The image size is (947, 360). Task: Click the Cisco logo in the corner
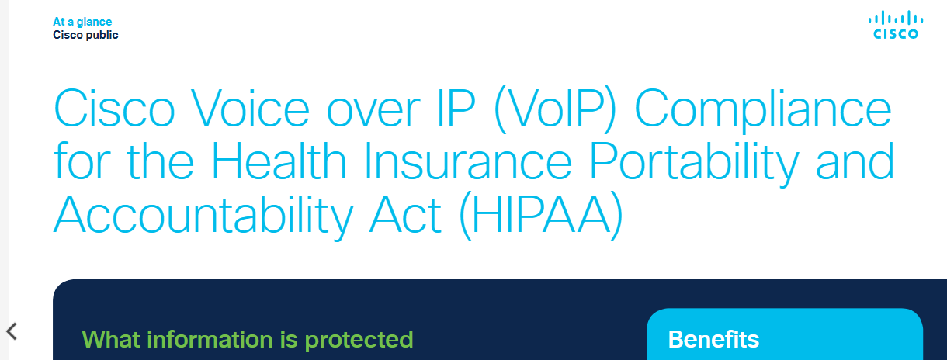pos(896,26)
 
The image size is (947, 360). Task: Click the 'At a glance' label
pos(82,22)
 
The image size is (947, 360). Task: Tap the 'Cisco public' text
pos(85,35)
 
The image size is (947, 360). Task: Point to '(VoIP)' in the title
pos(555,109)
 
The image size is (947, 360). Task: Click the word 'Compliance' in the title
pos(763,110)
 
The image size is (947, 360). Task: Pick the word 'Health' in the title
pos(279,161)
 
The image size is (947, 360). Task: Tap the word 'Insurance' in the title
pos(467,161)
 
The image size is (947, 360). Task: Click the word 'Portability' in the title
pos(694,164)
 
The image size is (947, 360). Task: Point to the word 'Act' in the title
pos(405,215)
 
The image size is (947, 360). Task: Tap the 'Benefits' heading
pos(713,339)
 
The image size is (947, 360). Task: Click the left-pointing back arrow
pos(12,331)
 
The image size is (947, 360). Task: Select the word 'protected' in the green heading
pos(359,341)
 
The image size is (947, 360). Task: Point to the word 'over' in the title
pos(373,112)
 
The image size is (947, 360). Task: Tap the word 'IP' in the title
pos(456,108)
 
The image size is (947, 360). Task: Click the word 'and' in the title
pos(855,161)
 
